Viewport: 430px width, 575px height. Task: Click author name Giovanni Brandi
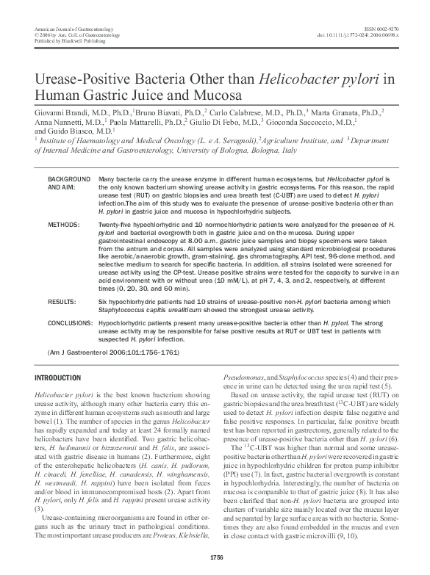click(x=59, y=112)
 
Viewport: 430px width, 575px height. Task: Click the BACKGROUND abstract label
click(x=67, y=179)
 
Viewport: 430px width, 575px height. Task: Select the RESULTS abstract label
click(x=61, y=301)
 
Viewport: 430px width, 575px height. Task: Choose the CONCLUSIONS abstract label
click(x=70, y=322)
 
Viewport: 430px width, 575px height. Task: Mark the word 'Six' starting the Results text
click(x=103, y=301)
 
